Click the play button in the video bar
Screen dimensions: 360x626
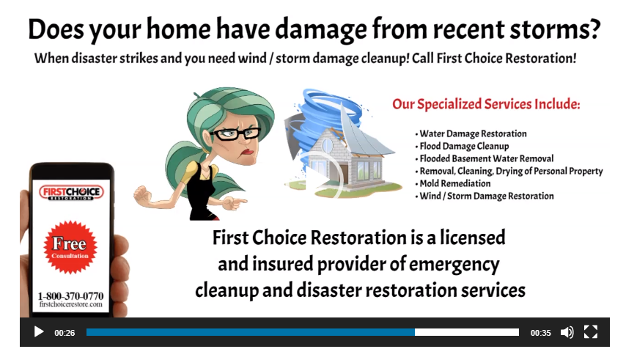(39, 332)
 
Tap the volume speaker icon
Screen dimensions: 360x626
(567, 332)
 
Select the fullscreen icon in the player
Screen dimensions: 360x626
(591, 332)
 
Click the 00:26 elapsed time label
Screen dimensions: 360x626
(65, 333)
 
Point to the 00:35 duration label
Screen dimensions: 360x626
(541, 333)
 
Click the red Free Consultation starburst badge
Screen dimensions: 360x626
(70, 247)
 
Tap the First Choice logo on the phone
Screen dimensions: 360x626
(70, 194)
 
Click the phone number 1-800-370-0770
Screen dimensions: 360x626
(70, 295)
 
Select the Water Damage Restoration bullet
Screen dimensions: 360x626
(473, 133)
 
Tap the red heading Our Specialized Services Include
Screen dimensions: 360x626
(486, 104)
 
